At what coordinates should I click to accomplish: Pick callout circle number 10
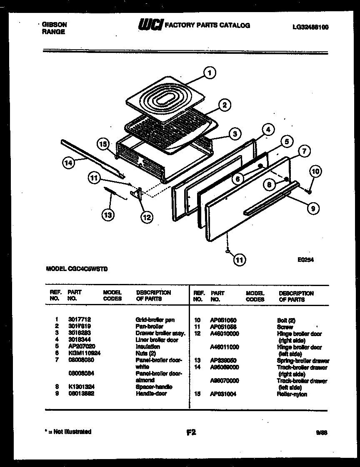click(x=315, y=171)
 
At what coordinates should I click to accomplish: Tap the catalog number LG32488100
click(x=310, y=27)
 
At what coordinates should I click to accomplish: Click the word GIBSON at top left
click(x=54, y=25)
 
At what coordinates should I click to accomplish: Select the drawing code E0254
click(x=305, y=259)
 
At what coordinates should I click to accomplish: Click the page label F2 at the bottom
click(x=191, y=432)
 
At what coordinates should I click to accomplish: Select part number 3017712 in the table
click(x=79, y=319)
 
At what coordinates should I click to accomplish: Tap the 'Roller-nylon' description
click(x=292, y=394)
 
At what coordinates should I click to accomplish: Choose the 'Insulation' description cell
click(x=148, y=346)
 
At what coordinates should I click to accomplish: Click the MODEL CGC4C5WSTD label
click(x=77, y=269)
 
